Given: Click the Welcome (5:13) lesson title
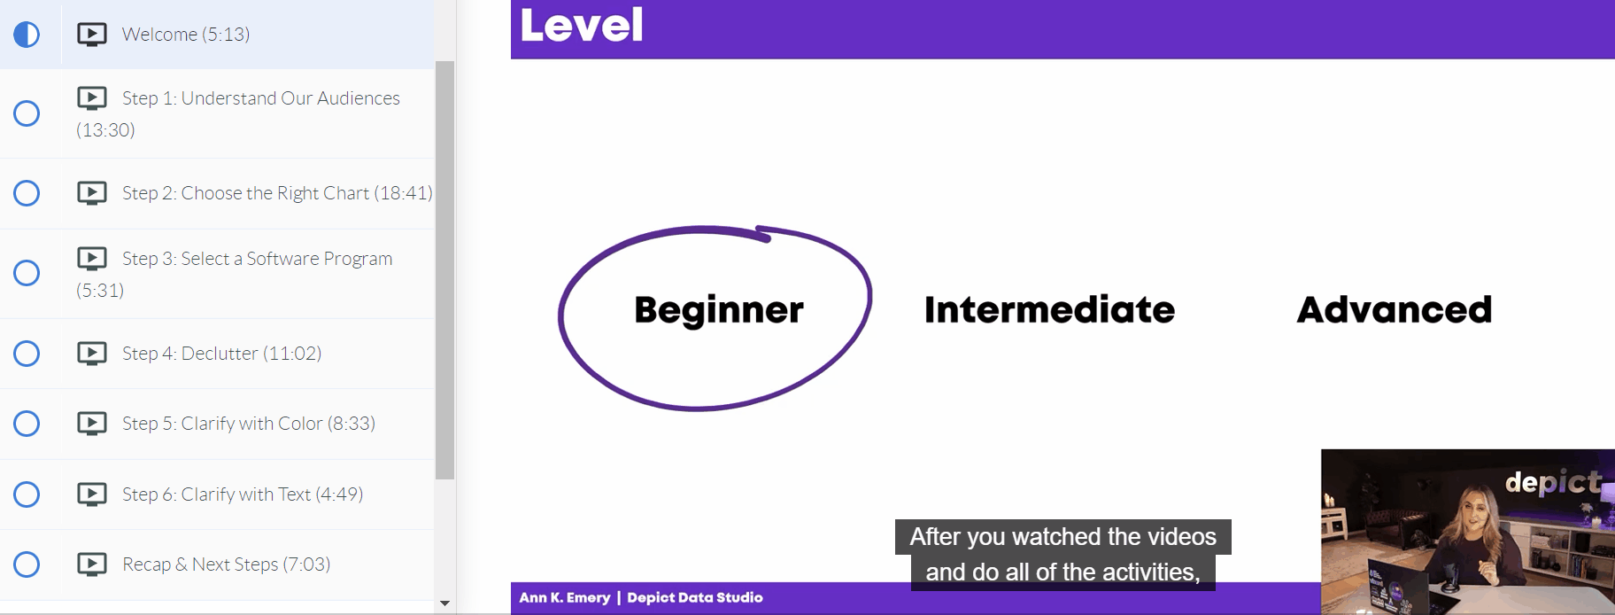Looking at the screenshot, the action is (186, 35).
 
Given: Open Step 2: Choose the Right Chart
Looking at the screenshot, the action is (277, 193).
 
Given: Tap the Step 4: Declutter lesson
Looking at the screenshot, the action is (221, 354).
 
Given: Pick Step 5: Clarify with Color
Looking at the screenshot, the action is (249, 424).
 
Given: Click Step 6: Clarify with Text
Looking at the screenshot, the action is (243, 494).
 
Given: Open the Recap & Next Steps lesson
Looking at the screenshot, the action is (226, 564).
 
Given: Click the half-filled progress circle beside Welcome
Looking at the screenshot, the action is (27, 35).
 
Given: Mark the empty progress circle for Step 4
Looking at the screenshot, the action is (27, 354).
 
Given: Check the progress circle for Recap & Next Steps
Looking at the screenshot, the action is (27, 564).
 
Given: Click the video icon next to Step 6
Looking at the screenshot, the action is (92, 494).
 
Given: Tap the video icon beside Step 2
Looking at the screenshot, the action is (92, 193).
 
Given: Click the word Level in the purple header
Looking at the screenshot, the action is (582, 25).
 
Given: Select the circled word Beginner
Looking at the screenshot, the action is (719, 310).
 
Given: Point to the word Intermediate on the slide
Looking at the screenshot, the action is (1049, 310).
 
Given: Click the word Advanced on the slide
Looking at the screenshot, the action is (1395, 310).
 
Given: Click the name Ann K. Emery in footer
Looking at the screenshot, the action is (565, 597).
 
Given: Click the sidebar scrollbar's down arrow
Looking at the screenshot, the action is (444, 603).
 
